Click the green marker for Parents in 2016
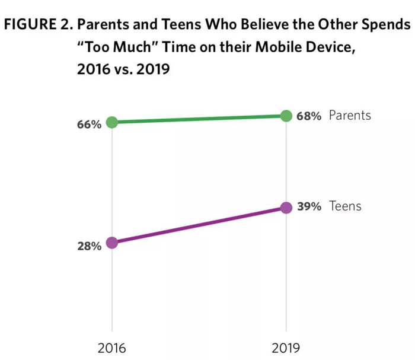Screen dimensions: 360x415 [x=111, y=123]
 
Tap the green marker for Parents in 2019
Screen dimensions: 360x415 [x=286, y=115]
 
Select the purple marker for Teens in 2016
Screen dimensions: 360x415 [x=111, y=243]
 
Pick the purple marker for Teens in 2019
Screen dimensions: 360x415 [x=286, y=208]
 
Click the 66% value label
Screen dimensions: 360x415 [x=88, y=126]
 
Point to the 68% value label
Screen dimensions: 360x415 [x=309, y=116]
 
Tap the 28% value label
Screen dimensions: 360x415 [x=88, y=246]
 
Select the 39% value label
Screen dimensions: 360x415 [x=309, y=207]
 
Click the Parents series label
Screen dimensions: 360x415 [x=350, y=116]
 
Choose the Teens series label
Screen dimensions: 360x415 [x=345, y=207]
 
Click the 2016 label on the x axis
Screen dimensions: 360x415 [x=111, y=348]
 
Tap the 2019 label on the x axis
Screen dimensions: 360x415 [x=286, y=348]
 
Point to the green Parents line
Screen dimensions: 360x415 [x=199, y=119]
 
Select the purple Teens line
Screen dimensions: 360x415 [x=199, y=225]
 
